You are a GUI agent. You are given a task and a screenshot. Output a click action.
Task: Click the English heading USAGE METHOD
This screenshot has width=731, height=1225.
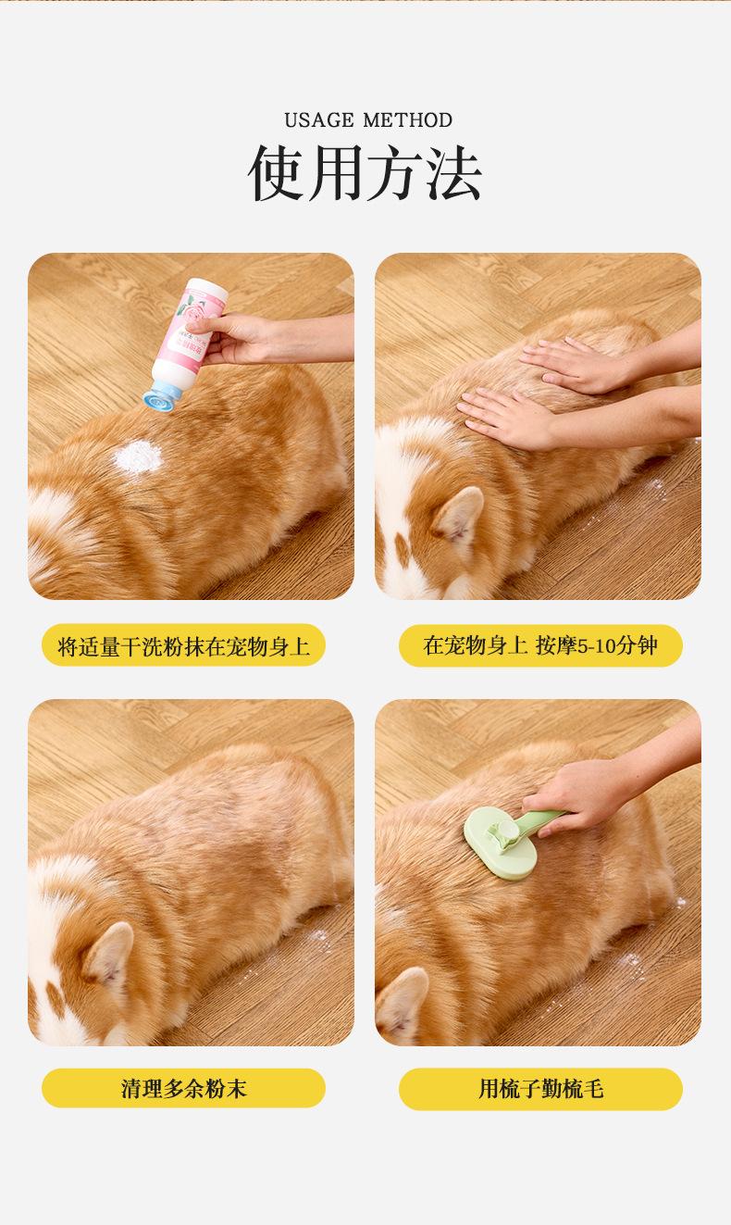pos(368,120)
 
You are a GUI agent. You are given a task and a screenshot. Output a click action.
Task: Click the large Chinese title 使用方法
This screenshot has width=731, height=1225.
pos(365,173)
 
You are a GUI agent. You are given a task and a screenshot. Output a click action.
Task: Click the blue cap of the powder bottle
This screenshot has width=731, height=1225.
pos(161,395)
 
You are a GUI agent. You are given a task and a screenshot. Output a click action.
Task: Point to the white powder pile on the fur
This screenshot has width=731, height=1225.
pos(138,457)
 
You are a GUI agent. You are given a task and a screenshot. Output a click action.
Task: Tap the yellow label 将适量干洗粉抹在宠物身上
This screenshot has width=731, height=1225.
pos(183,645)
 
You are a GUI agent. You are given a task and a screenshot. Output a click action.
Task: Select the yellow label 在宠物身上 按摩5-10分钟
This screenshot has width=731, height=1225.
pos(540,645)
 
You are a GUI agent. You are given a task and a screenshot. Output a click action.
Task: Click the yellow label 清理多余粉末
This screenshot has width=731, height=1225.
pos(183,1088)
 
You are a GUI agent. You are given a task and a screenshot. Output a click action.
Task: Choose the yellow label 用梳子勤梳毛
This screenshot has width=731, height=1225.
pos(540,1088)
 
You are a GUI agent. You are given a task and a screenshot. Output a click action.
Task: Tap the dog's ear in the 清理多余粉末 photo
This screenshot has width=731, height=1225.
pos(108,956)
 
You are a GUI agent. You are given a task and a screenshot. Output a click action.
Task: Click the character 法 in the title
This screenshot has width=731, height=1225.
pos(454,173)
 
